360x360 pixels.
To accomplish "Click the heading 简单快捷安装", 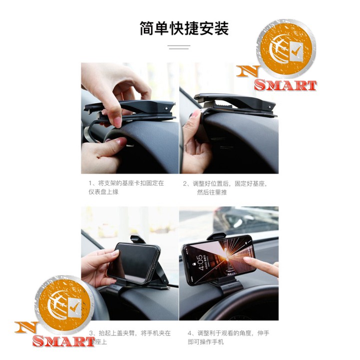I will click(184, 28).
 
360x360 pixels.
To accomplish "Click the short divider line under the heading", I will click(179, 47).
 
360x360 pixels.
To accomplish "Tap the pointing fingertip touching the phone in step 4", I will click(246, 260).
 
